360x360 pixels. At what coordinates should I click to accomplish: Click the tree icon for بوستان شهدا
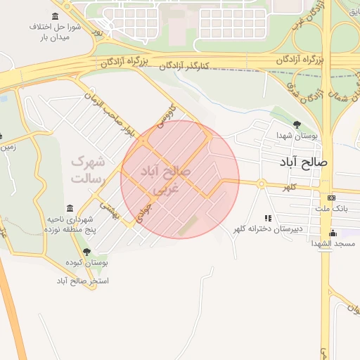pos(297,124)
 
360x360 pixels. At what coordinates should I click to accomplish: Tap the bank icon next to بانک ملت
pos(332,198)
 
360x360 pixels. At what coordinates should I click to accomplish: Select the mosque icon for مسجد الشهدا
pos(333,233)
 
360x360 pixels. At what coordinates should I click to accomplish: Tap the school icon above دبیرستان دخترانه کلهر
pos(268,219)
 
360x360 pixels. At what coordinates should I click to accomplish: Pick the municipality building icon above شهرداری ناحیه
pos(69,209)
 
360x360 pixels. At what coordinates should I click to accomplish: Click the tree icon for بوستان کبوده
pos(86,252)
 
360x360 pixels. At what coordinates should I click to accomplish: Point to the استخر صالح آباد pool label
pos(83,281)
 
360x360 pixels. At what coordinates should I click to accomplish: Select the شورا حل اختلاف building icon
pos(56,16)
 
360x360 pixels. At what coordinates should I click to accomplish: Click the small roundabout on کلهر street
pos(261,184)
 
